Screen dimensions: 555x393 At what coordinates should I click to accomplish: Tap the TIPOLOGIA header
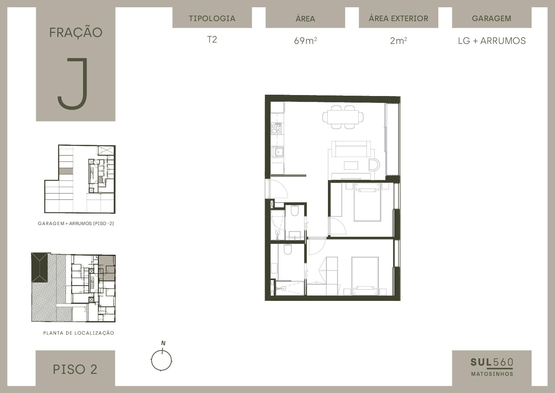pos(212,18)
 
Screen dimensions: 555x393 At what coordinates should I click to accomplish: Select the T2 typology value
pos(212,40)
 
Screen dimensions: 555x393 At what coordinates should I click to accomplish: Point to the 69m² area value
pos(305,41)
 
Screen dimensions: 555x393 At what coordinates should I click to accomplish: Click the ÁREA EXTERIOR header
pos(398,18)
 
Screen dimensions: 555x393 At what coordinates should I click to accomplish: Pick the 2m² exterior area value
pos(398,41)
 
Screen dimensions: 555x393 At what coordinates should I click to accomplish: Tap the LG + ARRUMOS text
pos(492,41)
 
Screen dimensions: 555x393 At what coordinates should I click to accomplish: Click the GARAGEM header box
pos(492,17)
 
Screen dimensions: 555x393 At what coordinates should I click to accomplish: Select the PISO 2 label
pos(75,369)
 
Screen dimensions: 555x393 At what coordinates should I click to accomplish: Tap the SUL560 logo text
pos(492,363)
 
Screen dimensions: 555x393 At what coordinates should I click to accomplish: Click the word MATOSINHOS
pos(492,374)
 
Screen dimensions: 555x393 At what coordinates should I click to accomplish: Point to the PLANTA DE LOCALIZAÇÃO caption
pos(78,333)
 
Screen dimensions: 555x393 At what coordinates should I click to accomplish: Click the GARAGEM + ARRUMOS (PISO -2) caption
pos(76,223)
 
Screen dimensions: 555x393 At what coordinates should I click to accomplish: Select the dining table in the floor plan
pos(343,117)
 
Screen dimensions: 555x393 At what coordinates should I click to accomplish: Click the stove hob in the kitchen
pos(276,128)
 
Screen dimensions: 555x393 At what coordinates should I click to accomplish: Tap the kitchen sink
pos(278,151)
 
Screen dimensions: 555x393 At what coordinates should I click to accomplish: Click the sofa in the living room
pos(351,149)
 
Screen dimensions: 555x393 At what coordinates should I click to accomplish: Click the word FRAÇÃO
pos(76,32)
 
